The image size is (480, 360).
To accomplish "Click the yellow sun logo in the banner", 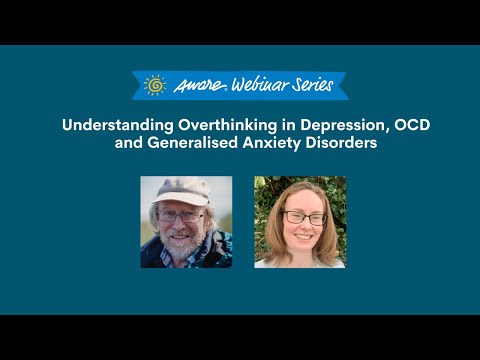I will click(x=154, y=85).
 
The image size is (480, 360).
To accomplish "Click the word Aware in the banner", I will click(x=194, y=86).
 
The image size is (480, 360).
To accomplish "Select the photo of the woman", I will click(x=300, y=222).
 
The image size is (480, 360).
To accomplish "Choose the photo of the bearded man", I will click(x=186, y=222).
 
